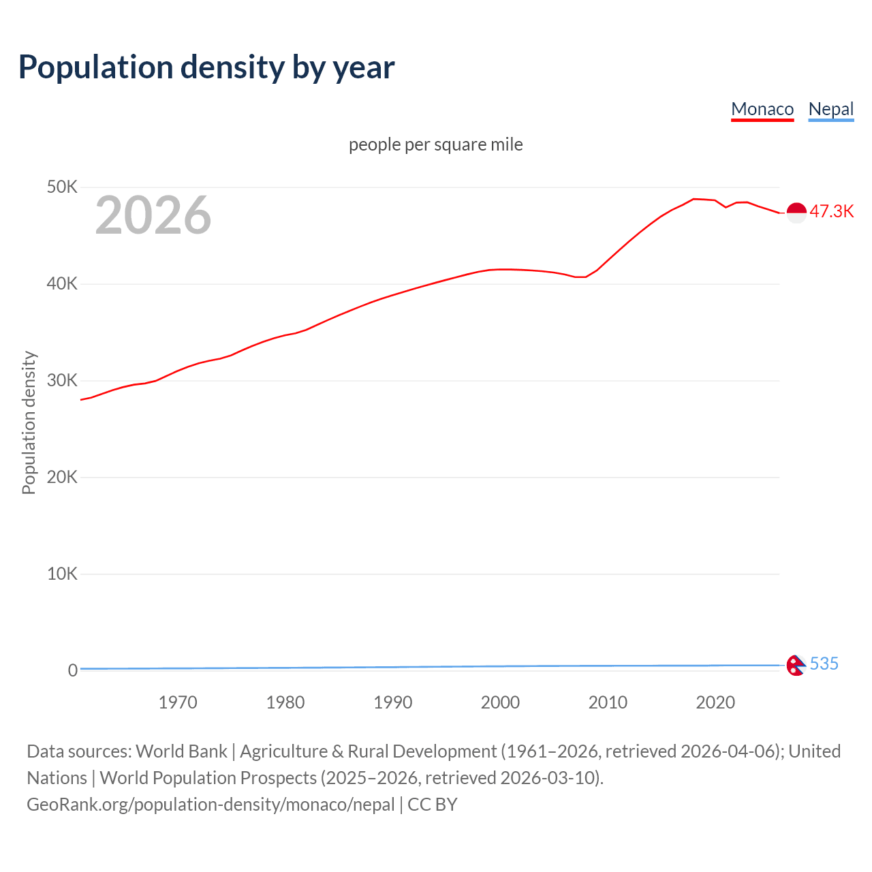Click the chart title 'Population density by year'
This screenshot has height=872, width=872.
click(206, 67)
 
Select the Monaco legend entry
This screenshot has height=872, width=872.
click(762, 109)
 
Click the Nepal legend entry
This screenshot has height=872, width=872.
click(830, 109)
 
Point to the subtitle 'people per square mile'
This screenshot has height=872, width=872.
click(435, 144)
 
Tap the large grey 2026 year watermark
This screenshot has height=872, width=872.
click(153, 215)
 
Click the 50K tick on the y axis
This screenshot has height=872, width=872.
click(62, 187)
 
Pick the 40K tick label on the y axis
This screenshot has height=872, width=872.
click(62, 283)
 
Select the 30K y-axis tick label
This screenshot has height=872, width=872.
click(62, 380)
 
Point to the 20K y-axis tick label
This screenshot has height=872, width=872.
click(62, 477)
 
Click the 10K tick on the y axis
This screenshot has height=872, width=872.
click(62, 574)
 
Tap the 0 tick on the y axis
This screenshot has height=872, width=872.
click(72, 670)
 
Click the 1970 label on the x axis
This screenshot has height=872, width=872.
click(178, 702)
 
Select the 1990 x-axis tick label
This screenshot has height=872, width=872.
click(393, 702)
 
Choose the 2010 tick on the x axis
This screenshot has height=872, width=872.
click(608, 702)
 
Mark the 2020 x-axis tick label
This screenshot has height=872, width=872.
click(715, 702)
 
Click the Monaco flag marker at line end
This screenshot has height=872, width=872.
click(796, 213)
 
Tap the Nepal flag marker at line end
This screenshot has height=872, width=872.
click(796, 665)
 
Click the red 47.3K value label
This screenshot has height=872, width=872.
click(831, 211)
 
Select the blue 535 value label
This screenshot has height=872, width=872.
click(824, 664)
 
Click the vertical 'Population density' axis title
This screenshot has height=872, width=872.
click(29, 422)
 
